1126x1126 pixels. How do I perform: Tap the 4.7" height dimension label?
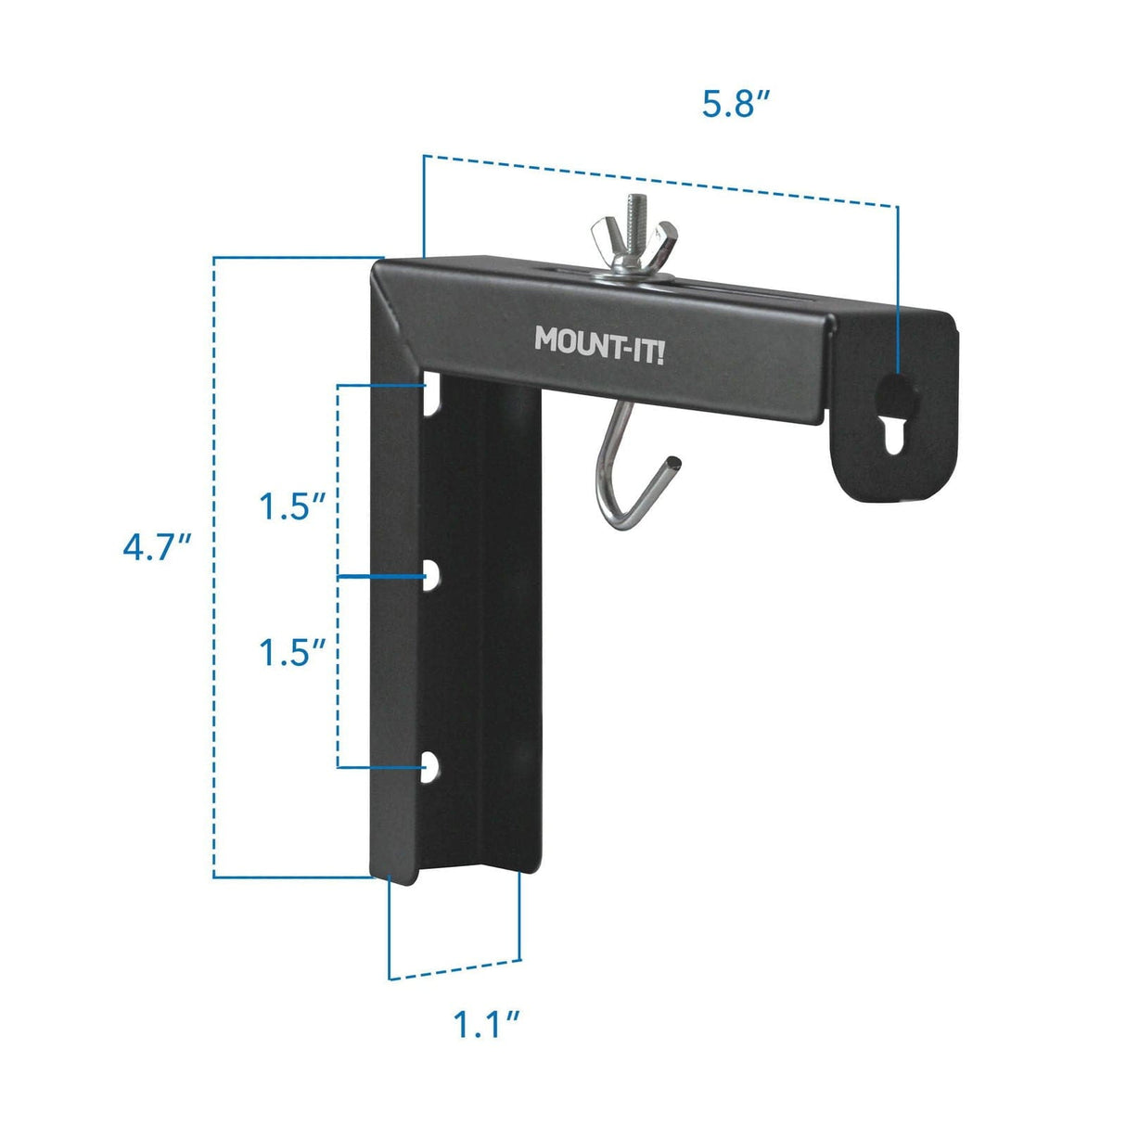click(157, 547)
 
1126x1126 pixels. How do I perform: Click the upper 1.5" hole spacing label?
click(291, 507)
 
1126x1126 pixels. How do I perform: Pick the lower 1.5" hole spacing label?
click(291, 652)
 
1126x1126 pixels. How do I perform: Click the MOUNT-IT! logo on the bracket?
click(598, 340)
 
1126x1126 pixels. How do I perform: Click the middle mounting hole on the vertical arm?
click(431, 577)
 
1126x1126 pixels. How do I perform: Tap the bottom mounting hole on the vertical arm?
click(429, 767)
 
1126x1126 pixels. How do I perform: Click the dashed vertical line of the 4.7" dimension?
click(214, 566)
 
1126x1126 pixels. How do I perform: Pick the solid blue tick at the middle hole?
click(382, 576)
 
